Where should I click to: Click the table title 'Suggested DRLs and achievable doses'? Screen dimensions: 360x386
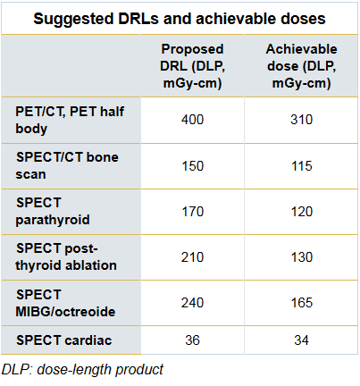[180, 19]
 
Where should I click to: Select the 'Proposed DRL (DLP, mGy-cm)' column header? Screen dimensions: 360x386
[192, 66]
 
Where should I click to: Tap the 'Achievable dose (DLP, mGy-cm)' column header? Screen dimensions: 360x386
[301, 66]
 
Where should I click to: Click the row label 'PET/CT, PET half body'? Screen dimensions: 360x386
[70, 120]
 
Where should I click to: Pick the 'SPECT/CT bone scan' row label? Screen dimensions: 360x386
[67, 165]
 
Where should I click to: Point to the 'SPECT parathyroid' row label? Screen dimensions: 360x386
[53, 211]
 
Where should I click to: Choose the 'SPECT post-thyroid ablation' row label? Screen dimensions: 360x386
[66, 256]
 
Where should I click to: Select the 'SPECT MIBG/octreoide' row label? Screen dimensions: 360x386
[65, 303]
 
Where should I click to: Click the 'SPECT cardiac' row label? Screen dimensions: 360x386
[64, 340]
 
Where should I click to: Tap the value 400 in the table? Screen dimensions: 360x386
[192, 120]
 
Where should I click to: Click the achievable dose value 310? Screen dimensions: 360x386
[301, 120]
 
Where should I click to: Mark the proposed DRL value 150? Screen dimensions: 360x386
[193, 166]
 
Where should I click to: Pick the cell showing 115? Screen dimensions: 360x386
[302, 166]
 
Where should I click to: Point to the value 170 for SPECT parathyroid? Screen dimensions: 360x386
[193, 212]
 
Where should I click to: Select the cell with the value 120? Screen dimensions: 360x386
[302, 212]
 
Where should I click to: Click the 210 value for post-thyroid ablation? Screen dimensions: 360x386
[192, 257]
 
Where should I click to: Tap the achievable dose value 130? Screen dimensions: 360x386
[302, 257]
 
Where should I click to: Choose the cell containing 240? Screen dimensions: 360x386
[192, 303]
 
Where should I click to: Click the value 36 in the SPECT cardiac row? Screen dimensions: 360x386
[192, 340]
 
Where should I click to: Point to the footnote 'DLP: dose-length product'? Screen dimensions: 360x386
[82, 370]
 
